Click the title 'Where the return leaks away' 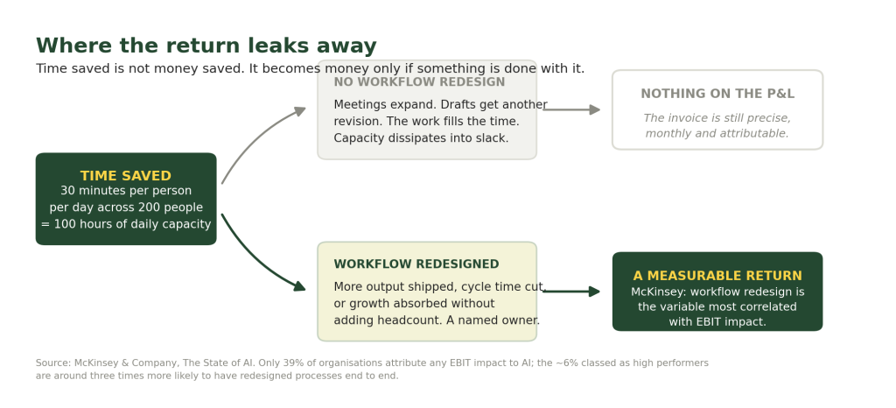click(206, 46)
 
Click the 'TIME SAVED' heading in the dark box click(126, 176)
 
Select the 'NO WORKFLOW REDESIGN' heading click(419, 82)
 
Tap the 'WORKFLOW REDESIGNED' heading click(416, 264)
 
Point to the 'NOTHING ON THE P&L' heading click(717, 95)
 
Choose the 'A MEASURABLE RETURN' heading click(717, 277)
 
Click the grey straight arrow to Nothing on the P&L click(571, 109)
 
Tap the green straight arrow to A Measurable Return click(571, 292)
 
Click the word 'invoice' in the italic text click(684, 118)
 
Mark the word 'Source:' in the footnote click(53, 363)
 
